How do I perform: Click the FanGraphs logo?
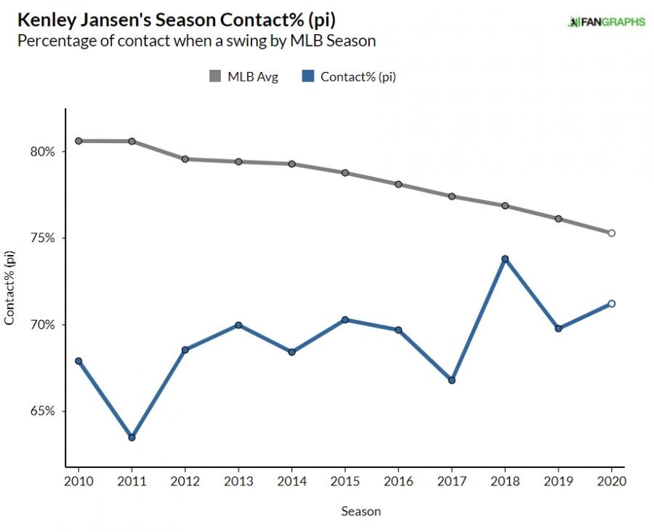pos(606,22)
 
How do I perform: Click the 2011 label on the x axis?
pos(132,481)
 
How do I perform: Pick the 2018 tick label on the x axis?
pos(504,481)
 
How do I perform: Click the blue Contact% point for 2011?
pos(132,438)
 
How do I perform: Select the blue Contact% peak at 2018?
pos(504,259)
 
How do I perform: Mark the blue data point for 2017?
pos(451,380)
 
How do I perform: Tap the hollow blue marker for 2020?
pos(611,304)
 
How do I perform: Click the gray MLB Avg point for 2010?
pos(78,141)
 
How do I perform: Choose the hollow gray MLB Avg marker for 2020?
pos(611,233)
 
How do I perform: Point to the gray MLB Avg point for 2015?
pos(345,173)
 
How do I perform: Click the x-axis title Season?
pos(360,512)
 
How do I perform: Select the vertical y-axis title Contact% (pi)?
pos(10,288)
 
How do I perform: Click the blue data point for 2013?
pos(238,325)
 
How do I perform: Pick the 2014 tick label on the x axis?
pos(291,481)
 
